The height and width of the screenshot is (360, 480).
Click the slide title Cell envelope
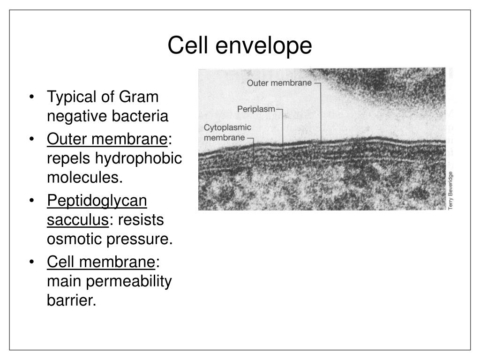coord(240,46)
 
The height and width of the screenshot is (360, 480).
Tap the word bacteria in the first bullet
coord(142,117)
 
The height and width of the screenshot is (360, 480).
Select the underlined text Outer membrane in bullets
coord(107,139)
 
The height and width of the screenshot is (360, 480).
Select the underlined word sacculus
coord(77,220)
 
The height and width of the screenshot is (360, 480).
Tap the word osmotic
coord(74,239)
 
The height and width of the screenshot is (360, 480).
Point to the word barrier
coord(70,300)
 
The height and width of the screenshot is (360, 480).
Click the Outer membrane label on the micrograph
coord(279,83)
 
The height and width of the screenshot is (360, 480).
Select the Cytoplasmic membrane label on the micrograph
coord(228,132)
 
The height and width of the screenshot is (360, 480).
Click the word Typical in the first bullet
coord(71,97)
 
